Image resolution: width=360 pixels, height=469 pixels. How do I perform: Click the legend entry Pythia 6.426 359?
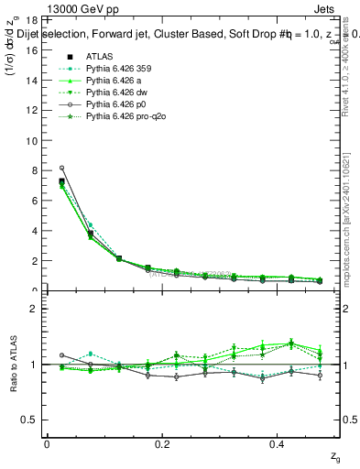pos(116,69)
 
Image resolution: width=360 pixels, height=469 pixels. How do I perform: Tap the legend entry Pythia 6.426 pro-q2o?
pos(122,119)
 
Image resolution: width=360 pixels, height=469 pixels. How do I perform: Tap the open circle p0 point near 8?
pos(61,168)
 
